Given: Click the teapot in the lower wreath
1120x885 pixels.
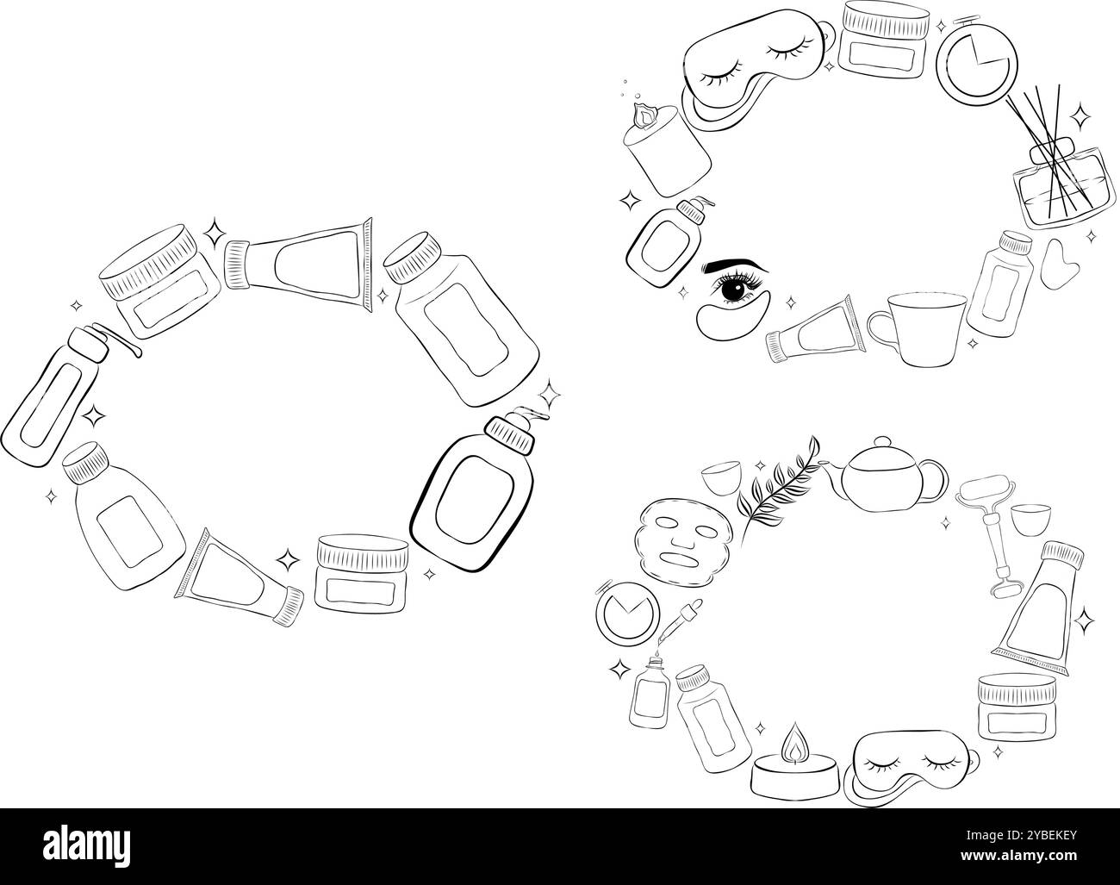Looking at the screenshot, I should pyautogui.click(x=883, y=475).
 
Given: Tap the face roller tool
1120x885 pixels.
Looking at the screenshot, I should pyautogui.click(x=991, y=534).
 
